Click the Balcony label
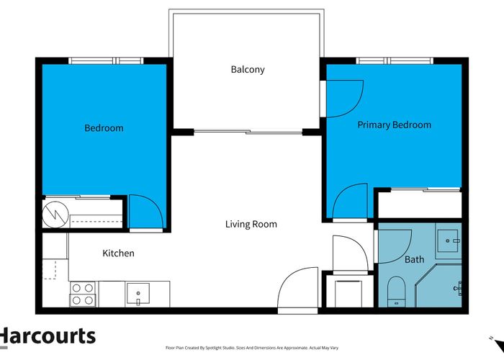pyautogui.click(x=248, y=70)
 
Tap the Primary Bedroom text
pyautogui.click(x=395, y=125)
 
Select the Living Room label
pyautogui.click(x=251, y=224)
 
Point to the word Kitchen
pyautogui.click(x=118, y=253)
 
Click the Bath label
pyautogui.click(x=414, y=259)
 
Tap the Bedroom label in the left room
pyautogui.click(x=104, y=128)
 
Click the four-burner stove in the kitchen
pyautogui.click(x=83, y=294)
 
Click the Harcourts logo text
pyautogui.click(x=48, y=336)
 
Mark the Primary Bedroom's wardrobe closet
pyautogui.click(x=419, y=203)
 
